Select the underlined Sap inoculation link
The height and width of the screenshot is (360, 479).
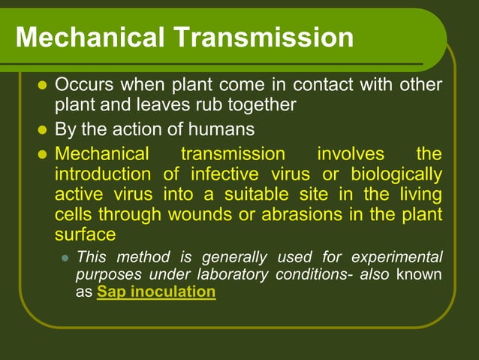pos(156,292)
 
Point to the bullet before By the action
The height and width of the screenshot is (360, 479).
pos(42,130)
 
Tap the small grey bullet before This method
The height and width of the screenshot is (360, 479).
pos(65,257)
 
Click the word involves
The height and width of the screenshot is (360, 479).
pos(350,154)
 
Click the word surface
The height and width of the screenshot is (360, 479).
pos(85,234)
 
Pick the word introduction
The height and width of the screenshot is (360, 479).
pos(102,174)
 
